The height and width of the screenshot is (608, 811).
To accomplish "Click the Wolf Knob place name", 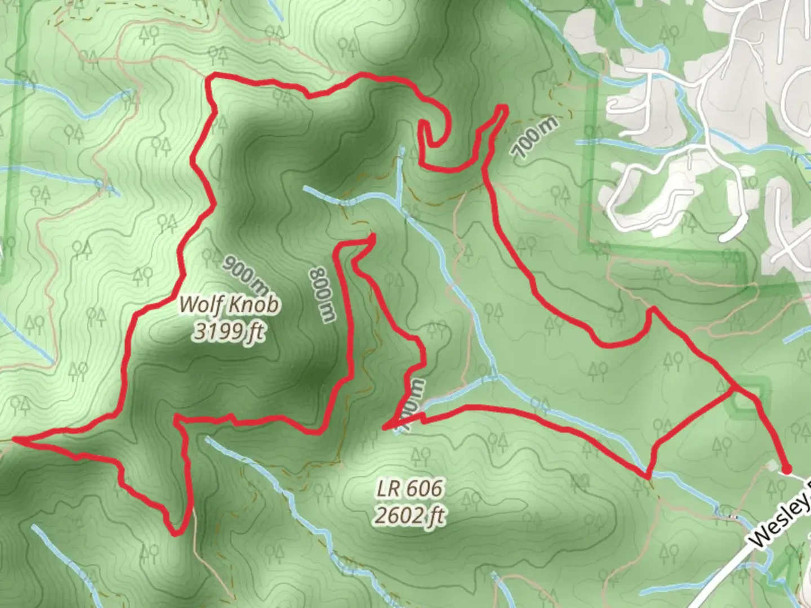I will (x=229, y=305).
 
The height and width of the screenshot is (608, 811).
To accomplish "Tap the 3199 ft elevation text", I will (x=229, y=332).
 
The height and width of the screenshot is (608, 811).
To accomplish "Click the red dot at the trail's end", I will (x=787, y=468).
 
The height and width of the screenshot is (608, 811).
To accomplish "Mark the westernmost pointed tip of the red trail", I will (x=14, y=439).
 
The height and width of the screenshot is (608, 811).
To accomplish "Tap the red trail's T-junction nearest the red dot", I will (x=733, y=388).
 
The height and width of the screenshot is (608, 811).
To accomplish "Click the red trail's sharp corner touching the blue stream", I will (x=648, y=476).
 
